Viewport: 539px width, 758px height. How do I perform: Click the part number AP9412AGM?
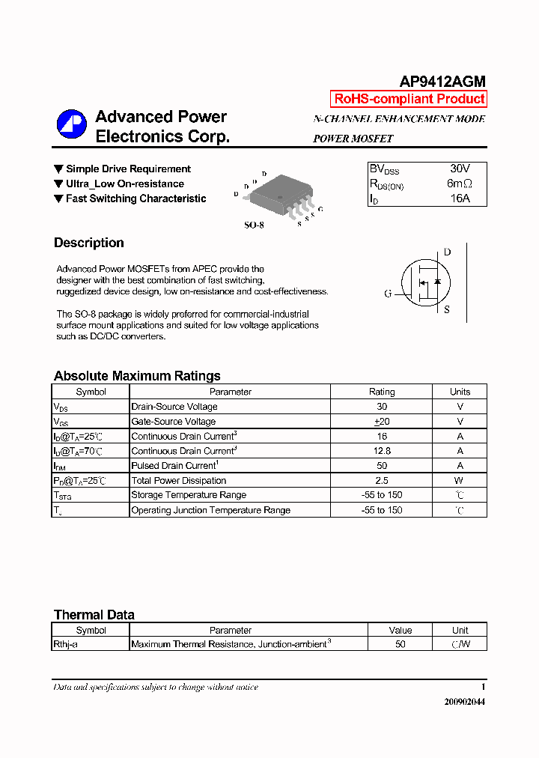(442, 82)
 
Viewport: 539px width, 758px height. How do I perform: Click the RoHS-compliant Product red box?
(409, 99)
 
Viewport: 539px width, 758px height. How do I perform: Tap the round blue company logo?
(72, 124)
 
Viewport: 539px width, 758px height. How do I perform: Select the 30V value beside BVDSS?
(460, 169)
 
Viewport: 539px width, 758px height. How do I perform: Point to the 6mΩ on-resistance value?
(460, 184)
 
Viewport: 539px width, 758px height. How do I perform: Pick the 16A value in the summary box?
(460, 198)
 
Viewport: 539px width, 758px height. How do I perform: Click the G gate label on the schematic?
(388, 294)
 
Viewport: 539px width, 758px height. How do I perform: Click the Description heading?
(89, 243)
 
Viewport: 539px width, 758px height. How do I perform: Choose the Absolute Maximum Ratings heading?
(137, 376)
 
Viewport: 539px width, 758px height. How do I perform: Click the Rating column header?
(382, 392)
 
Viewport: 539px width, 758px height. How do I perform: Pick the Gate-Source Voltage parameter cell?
(174, 422)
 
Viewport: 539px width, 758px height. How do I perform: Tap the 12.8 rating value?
(382, 451)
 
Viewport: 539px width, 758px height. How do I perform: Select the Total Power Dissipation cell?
(179, 481)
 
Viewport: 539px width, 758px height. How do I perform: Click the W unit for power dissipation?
(460, 481)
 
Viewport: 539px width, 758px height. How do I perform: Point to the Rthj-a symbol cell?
(65, 644)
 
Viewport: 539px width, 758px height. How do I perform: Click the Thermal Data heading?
(94, 615)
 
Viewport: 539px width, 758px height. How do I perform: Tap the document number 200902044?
(464, 703)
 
